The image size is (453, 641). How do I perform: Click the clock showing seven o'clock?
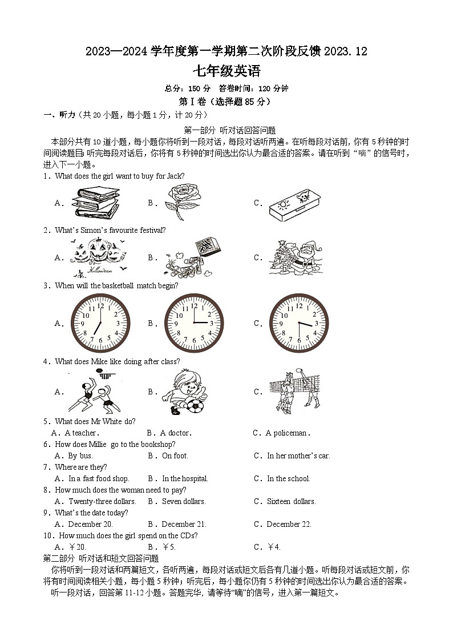[100, 323]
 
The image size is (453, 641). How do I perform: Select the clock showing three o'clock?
[194, 323]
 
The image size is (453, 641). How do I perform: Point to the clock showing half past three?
[299, 323]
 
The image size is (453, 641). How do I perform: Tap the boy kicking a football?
[184, 392]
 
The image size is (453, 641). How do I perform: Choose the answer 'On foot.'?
[175, 456]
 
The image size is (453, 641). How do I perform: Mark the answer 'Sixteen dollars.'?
[291, 502]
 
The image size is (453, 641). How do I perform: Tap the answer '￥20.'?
[76, 547]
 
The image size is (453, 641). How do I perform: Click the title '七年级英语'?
[226, 71]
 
